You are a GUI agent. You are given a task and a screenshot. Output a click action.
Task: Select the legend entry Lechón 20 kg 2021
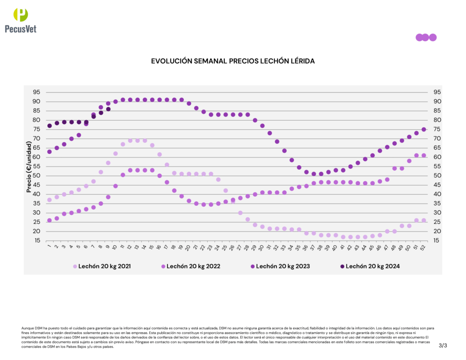[105, 266]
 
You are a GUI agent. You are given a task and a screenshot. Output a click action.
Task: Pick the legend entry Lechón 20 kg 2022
[193, 266]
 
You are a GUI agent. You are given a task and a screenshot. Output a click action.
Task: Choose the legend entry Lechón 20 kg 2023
[283, 266]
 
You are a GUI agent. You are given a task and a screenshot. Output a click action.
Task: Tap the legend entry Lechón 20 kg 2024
[372, 266]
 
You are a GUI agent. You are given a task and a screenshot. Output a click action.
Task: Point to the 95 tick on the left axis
[35, 92]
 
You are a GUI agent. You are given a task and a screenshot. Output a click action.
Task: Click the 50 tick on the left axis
[35, 176]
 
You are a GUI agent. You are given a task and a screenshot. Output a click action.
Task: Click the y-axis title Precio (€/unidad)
[29, 167]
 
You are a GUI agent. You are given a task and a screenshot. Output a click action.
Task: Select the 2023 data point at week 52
[424, 129]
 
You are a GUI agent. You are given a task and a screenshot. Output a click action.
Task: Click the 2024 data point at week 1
[50, 126]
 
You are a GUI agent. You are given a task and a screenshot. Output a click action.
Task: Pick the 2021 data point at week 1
[50, 200]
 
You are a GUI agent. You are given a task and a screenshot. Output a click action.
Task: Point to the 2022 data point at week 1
[50, 220]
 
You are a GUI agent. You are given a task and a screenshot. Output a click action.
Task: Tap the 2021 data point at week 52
[424, 220]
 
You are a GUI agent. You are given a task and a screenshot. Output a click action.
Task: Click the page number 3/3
[443, 345]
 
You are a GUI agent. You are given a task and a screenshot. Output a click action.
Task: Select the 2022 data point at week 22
[203, 204]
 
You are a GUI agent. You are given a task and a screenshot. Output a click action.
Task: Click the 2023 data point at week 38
[321, 174]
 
